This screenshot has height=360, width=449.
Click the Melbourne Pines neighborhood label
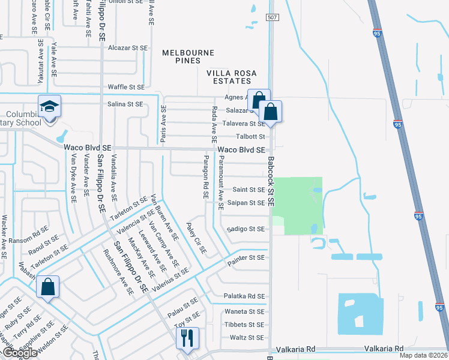tap(188, 57)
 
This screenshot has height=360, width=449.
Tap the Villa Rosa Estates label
tap(232, 77)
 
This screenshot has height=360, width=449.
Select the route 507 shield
tap(271, 19)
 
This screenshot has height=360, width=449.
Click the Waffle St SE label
tap(126, 87)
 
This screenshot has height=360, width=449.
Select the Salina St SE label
tap(125, 104)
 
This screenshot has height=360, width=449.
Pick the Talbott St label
tap(250, 137)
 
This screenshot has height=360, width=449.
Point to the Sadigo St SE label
tap(245, 229)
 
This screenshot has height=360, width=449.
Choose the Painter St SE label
tap(246, 257)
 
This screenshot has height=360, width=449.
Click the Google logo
tap(19, 353)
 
